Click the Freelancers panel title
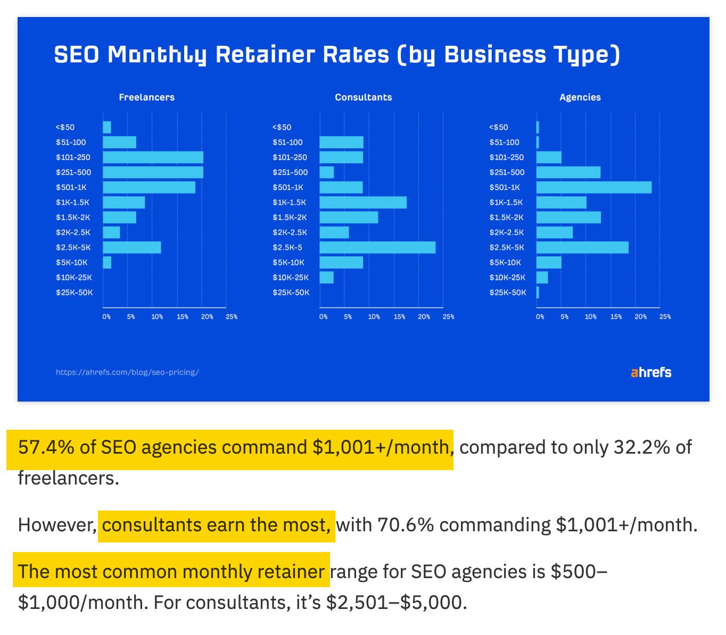point(146,97)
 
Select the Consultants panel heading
point(363,97)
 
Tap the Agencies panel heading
point(580,97)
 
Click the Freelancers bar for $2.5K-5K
point(131,247)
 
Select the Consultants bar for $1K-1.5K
point(363,203)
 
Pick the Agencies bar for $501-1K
point(593,187)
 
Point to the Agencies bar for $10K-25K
point(542,278)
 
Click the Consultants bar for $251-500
point(327,172)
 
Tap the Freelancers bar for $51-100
point(119,143)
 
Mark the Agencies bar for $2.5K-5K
point(582,247)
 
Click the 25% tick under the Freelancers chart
point(232,317)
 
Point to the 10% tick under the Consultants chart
point(374,317)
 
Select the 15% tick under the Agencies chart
point(616,317)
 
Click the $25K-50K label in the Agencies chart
point(507,293)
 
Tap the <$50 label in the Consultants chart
point(282,128)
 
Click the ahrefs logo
point(651,372)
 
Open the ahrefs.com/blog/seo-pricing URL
point(127,372)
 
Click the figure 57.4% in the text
point(46,447)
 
